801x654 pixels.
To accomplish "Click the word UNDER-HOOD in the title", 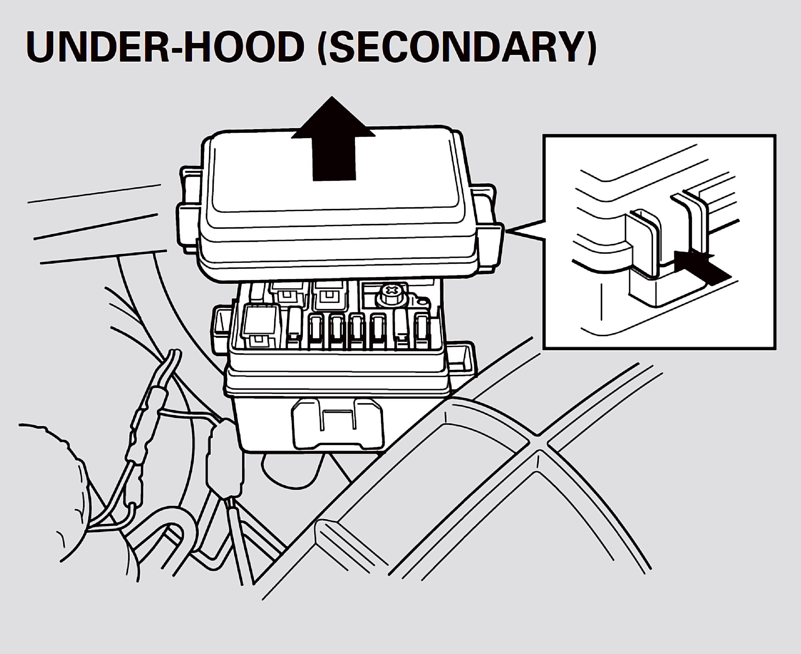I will click(x=166, y=47).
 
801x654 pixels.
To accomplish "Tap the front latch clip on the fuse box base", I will click(x=338, y=424).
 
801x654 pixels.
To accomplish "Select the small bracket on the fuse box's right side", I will click(x=462, y=356).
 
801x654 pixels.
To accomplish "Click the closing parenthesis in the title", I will click(x=590, y=47).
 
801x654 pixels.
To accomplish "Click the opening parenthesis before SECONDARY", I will click(x=323, y=47).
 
